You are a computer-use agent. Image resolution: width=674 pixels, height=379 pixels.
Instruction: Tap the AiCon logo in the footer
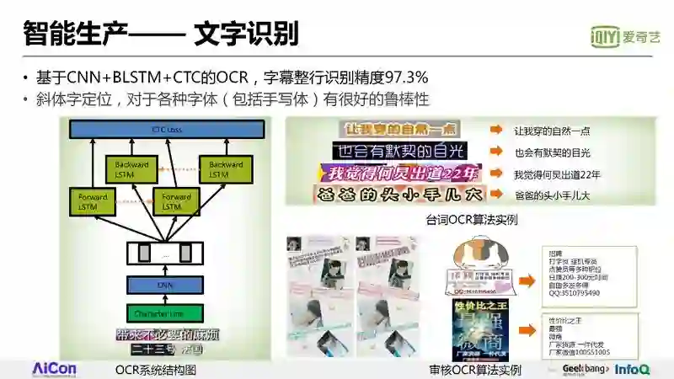tap(54, 369)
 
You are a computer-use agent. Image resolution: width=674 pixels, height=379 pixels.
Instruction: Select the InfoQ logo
tap(632, 369)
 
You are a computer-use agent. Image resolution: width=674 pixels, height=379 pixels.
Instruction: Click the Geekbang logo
tap(585, 369)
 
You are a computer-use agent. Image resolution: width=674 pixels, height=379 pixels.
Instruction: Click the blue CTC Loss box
tap(167, 130)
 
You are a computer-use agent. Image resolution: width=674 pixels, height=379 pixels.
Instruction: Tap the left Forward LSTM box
tap(91, 202)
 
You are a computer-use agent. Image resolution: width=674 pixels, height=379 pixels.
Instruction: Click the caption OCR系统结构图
tap(155, 370)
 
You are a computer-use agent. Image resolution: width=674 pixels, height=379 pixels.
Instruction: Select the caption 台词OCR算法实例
tap(472, 221)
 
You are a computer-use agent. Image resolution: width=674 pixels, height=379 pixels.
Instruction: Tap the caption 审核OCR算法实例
tap(474, 370)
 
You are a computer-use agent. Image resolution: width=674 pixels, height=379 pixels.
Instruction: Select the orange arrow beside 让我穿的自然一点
tap(497, 131)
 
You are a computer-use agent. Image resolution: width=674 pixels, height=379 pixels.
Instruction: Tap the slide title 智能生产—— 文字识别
tap(160, 34)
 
